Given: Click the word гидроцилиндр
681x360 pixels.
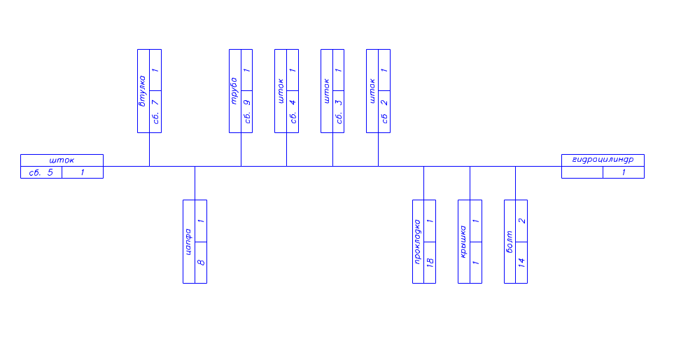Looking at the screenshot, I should tap(603, 160).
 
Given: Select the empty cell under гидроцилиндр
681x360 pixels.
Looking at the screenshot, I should tap(582, 172).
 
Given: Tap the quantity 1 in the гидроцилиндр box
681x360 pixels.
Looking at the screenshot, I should tap(624, 172).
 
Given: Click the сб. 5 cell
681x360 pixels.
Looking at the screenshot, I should tap(41, 172).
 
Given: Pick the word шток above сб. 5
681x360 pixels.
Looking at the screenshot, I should tap(62, 160).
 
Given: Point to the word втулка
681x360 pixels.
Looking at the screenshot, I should tap(143, 91).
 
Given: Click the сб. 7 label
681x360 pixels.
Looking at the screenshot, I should tap(155, 111).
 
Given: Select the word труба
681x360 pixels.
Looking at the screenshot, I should tap(235, 91).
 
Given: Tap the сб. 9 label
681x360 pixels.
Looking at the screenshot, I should tap(247, 111).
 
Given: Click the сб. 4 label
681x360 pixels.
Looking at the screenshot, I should tap(293, 111).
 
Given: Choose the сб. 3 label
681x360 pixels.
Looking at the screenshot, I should tap(339, 111).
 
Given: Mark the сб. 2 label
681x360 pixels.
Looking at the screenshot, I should tap(384, 111).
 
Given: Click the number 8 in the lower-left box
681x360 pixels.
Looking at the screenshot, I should tap(201, 263).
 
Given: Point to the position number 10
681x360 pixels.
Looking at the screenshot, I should tap(430, 263).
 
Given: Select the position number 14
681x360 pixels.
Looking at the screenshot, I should tap(521, 263).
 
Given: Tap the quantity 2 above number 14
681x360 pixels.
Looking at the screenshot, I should tap(521, 221).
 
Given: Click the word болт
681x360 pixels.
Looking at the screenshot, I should tap(510, 242).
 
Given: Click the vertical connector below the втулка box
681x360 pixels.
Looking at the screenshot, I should tap(149, 149).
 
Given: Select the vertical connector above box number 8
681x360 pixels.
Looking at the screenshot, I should tap(195, 183).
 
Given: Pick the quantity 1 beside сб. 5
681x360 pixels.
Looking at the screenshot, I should tap(83, 172).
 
